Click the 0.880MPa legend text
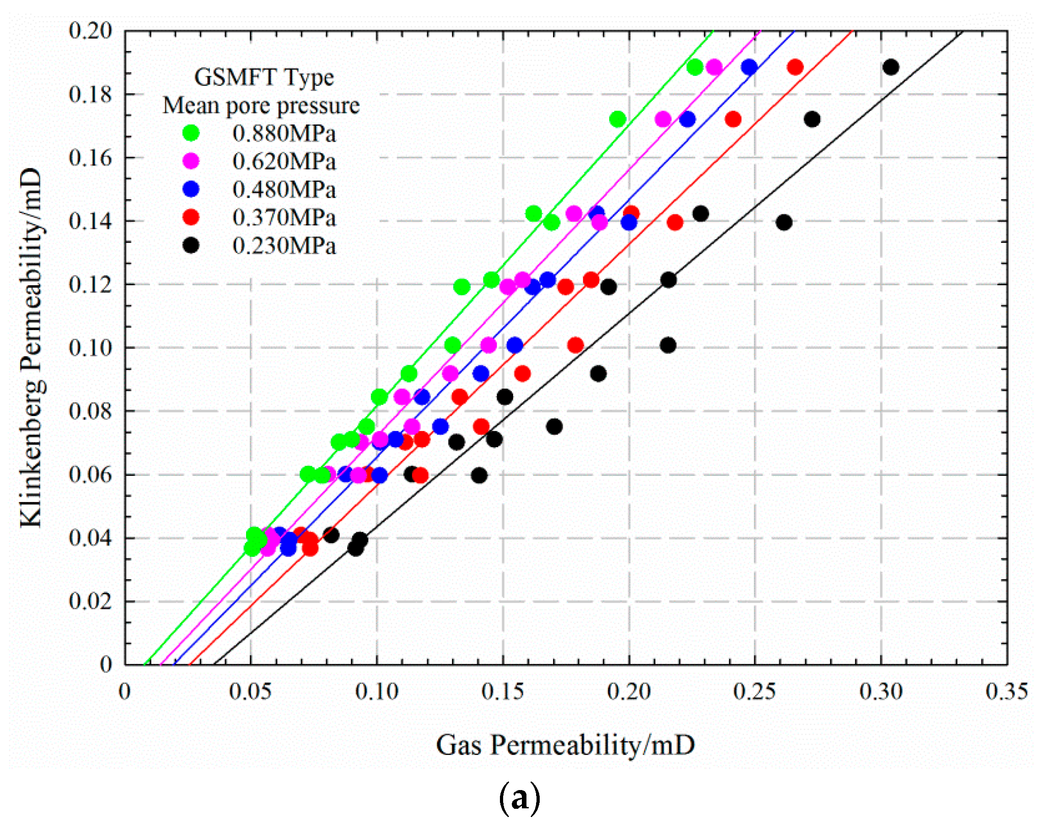point(284,134)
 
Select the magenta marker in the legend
point(191,161)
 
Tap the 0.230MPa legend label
point(284,246)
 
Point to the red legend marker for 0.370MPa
point(191,217)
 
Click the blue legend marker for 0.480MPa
point(191,189)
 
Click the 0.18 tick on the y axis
point(91,94)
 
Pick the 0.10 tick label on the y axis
point(91,347)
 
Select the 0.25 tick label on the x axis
point(755,692)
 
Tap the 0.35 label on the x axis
point(1007,692)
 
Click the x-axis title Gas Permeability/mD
point(565,745)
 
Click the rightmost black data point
point(891,67)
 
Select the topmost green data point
point(695,67)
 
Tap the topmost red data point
point(795,67)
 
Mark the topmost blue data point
point(749,67)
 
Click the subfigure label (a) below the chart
point(519,798)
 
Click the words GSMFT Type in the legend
point(264,77)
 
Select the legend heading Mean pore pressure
point(261,106)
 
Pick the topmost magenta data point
point(714,67)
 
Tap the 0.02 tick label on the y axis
point(91,602)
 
